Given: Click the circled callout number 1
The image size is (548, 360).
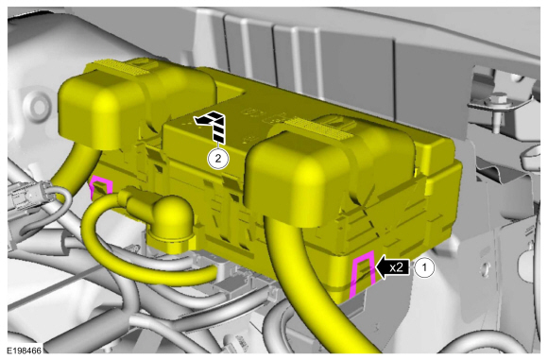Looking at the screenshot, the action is pos(424,267).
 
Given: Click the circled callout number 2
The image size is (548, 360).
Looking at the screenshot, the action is pos(218,159).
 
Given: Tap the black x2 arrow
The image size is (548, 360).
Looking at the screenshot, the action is pos(391,267).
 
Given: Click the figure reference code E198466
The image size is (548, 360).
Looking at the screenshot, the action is pos(25,351).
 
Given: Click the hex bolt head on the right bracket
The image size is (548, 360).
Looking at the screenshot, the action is pos(496,99).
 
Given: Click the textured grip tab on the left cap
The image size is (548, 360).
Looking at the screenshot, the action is pos(121,67).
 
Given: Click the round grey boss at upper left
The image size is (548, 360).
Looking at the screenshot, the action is pos(36,105).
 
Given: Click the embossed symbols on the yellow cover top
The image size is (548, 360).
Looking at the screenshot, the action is pos(265,117).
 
